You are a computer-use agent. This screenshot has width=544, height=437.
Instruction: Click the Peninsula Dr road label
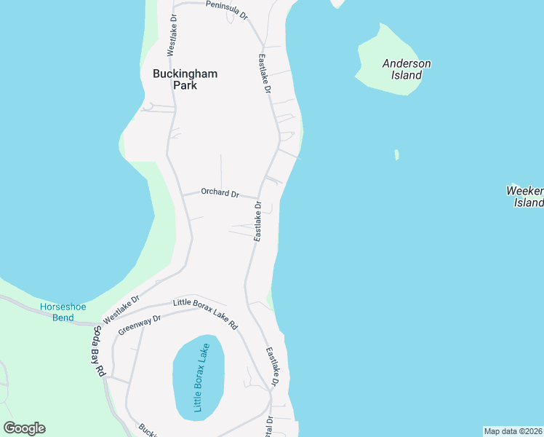click(x=227, y=9)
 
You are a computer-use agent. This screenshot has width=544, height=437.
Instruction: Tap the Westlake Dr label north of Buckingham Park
click(x=172, y=34)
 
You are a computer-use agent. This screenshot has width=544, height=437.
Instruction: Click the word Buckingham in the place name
click(x=185, y=74)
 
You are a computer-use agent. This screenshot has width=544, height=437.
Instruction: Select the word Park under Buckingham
click(x=185, y=85)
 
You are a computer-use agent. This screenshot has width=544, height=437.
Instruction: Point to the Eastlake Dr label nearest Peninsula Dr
click(x=264, y=73)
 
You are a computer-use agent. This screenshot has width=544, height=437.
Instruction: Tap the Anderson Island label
click(x=407, y=69)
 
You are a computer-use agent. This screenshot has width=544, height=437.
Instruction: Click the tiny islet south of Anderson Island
click(x=396, y=154)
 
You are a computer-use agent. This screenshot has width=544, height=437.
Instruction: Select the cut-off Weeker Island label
click(x=525, y=197)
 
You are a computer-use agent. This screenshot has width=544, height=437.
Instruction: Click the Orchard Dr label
click(x=220, y=194)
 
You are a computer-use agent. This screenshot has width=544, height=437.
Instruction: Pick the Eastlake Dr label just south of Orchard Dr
click(x=257, y=222)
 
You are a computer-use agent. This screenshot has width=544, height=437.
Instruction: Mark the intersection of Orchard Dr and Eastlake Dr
click(x=260, y=198)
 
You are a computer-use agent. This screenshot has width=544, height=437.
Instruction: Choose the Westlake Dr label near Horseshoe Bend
click(x=121, y=310)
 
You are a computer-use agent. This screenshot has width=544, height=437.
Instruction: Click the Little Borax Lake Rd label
click(x=205, y=313)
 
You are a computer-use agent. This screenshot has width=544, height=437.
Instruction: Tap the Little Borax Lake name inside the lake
click(x=199, y=377)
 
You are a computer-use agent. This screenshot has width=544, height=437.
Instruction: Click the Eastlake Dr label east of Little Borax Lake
click(x=272, y=366)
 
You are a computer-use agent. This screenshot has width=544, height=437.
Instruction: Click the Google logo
click(x=24, y=428)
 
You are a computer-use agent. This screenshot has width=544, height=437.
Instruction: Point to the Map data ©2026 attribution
click(x=513, y=431)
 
